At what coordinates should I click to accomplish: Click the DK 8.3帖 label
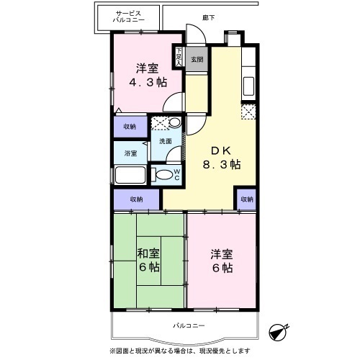coord(220,158)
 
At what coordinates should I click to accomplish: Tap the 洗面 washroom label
coord(166,142)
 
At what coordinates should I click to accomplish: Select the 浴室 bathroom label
coord(130,153)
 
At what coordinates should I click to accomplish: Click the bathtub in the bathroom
coord(130,176)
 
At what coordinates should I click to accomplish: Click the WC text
coord(176,174)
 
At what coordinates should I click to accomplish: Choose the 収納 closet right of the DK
coord(247,199)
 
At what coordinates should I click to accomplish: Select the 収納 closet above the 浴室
coord(129,126)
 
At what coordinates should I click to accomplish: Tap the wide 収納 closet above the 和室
coord(136,199)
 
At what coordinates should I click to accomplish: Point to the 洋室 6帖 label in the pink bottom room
coord(221,261)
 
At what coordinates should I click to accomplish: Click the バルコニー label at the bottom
coord(189,326)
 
